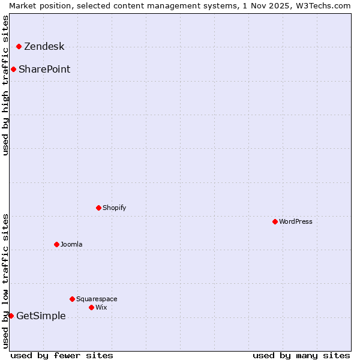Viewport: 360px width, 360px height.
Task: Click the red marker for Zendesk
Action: pos(19,46)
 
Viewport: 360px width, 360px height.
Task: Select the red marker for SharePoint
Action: pos(13,69)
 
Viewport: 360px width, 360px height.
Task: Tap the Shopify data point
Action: pos(98,208)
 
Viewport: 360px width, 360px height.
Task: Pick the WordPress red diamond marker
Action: pos(275,221)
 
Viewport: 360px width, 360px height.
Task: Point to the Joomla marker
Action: pos(56,244)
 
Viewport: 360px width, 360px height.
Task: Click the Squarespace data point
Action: pos(72,299)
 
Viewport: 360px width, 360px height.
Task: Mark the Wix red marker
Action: pos(91,307)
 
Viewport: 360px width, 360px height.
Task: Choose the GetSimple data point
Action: pos(11,316)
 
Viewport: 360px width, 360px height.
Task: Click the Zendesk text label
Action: pos(44,47)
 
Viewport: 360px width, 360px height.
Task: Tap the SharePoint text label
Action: pos(44,70)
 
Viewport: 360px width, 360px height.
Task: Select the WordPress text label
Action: pos(296,222)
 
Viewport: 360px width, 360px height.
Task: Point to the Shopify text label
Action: pos(114,208)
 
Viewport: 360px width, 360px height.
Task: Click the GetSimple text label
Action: pos(41,316)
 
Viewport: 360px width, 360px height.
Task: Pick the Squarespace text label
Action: pos(97,299)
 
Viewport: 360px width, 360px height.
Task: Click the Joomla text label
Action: pos(71,245)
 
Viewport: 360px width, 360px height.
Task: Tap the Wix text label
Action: pos(101,308)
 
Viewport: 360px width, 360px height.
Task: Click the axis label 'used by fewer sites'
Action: pos(62,355)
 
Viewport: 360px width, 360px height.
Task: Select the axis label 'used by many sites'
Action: pos(301,355)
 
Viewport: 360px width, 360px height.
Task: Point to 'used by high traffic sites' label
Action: pos(6,85)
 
